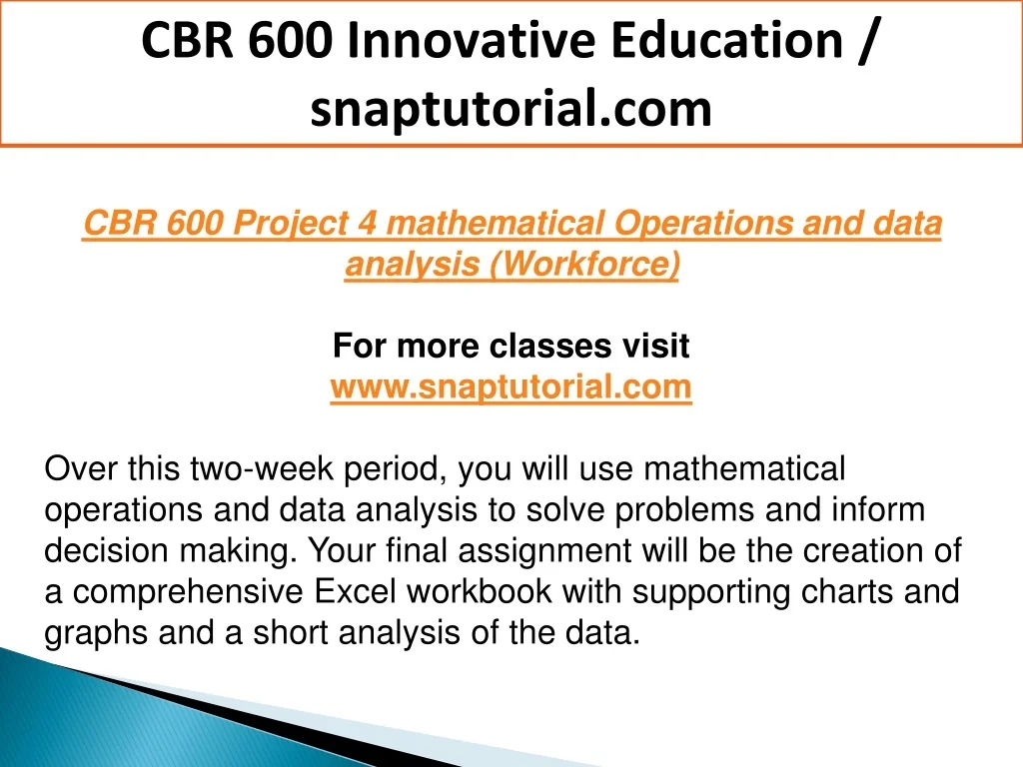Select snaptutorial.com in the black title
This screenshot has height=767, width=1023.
point(511,108)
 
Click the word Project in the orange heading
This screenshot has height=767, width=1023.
point(291,223)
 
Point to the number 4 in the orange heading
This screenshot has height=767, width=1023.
point(368,223)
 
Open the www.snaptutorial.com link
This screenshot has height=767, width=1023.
point(511,386)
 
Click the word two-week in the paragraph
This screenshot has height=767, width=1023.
point(262,469)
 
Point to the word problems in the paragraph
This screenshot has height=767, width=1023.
point(685,510)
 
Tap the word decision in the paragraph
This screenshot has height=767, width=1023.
point(106,550)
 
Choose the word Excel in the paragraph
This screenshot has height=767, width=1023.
point(355,591)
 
